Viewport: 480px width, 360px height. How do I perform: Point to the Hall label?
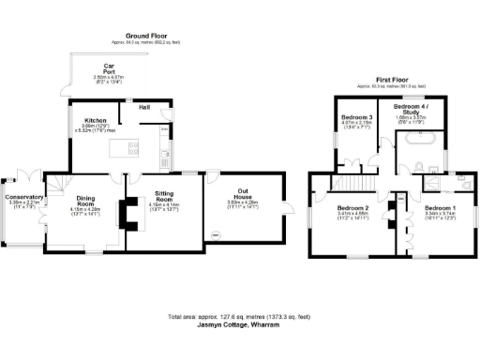[145, 108]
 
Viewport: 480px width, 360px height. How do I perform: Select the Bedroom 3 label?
[352, 118]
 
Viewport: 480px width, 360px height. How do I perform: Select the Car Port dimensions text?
[109, 79]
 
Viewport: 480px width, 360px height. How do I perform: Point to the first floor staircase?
[353, 182]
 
